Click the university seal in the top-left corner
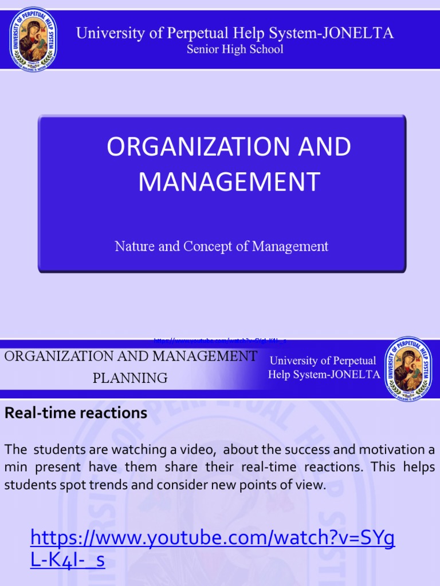(33, 39)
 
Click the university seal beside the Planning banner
(408, 369)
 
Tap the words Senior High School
(235, 49)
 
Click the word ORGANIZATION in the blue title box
(180, 147)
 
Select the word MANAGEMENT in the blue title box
(229, 181)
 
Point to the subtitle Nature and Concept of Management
(221, 247)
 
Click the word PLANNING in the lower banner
(130, 378)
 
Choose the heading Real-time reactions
(76, 413)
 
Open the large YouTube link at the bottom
(212, 548)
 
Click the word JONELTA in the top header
(358, 33)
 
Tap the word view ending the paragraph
(310, 485)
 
